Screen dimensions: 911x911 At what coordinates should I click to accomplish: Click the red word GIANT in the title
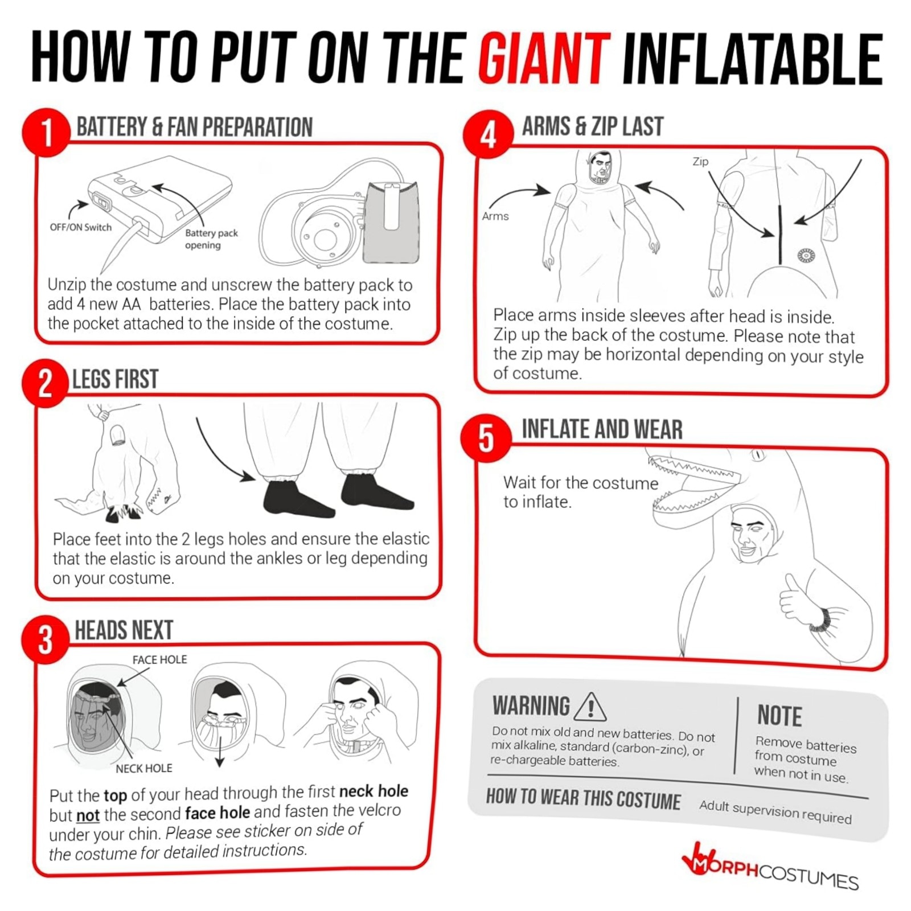point(544,59)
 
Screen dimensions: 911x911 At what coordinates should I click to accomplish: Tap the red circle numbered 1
point(46,133)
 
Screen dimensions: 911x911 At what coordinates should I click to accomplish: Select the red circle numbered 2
point(46,384)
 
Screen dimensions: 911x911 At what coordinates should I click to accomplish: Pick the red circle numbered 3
point(46,639)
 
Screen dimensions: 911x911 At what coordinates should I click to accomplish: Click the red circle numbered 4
point(488,134)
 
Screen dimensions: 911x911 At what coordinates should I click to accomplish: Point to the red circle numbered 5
point(486,438)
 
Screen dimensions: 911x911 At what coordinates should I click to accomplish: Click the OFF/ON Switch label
point(81,227)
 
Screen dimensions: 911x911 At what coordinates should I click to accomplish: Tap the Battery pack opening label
point(211,239)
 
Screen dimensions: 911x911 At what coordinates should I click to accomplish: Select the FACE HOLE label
point(160,659)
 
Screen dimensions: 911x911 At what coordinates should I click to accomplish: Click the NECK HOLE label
point(144,768)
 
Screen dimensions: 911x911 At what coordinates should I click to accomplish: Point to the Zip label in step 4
point(700,162)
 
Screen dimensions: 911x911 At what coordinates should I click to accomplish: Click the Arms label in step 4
point(495,216)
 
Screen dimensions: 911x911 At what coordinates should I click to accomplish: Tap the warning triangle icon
point(590,707)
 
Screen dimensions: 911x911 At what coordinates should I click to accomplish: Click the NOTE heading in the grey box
point(779,716)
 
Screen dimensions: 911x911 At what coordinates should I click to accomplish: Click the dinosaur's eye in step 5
point(758,455)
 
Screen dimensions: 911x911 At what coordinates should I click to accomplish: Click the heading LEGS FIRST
point(116,379)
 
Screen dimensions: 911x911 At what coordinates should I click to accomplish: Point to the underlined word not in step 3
point(88,815)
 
